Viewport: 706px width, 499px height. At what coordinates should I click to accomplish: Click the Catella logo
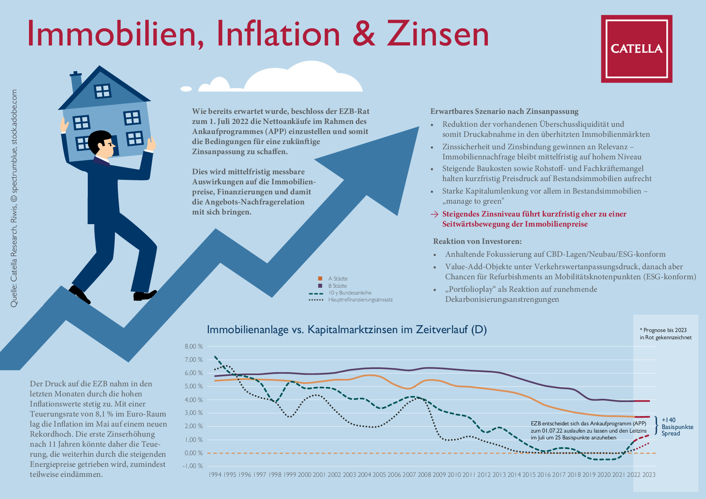[x=636, y=49]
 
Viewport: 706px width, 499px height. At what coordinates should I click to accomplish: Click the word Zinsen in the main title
[x=438, y=34]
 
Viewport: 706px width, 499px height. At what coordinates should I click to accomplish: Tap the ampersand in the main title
[x=363, y=34]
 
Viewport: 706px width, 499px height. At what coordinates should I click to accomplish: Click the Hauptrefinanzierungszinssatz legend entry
[x=351, y=300]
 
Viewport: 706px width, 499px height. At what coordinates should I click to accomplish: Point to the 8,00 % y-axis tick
[x=194, y=346]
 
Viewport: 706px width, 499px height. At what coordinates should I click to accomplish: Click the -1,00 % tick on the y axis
[x=194, y=466]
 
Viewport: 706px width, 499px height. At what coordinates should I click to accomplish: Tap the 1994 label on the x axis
[x=215, y=475]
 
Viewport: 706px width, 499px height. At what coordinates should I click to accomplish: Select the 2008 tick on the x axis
[x=424, y=475]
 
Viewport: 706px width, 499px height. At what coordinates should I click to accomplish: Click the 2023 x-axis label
[x=649, y=475]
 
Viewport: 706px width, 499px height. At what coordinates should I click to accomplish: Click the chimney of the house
[x=76, y=82]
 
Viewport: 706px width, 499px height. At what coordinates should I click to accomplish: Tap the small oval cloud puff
[x=186, y=89]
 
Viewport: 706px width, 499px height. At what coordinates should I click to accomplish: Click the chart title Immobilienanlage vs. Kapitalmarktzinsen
[x=347, y=330]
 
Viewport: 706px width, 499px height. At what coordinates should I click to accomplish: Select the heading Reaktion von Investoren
[x=477, y=241]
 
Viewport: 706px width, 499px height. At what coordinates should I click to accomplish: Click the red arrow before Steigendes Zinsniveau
[x=434, y=214]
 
